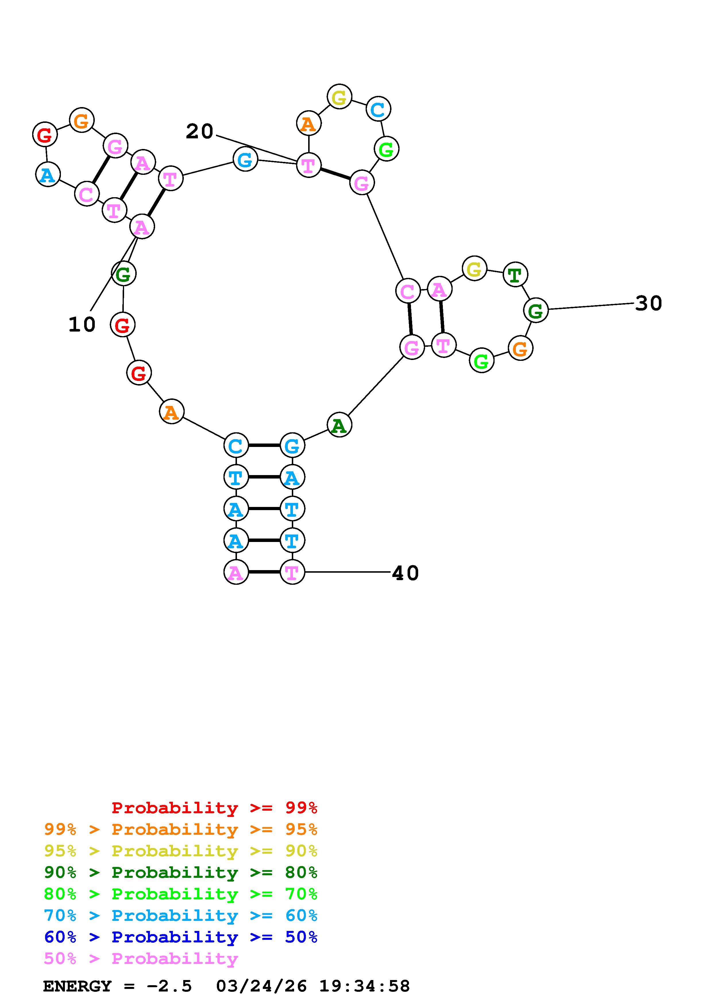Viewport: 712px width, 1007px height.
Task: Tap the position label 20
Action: [x=200, y=131]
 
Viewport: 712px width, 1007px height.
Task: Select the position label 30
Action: [x=649, y=303]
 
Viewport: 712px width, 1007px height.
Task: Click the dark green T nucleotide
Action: [x=515, y=275]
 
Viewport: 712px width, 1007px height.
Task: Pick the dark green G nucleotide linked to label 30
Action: [x=536, y=311]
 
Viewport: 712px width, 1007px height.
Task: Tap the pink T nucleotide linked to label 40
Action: [x=292, y=572]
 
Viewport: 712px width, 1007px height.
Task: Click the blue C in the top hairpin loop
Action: [x=378, y=110]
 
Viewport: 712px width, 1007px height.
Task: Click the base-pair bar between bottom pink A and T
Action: [x=264, y=572]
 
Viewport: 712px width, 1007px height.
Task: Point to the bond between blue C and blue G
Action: [x=264, y=446]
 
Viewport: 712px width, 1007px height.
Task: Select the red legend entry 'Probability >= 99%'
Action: [x=215, y=808]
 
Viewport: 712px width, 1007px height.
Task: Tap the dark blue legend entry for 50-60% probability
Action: [x=181, y=937]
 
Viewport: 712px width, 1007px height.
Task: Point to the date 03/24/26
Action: [x=261, y=986]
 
